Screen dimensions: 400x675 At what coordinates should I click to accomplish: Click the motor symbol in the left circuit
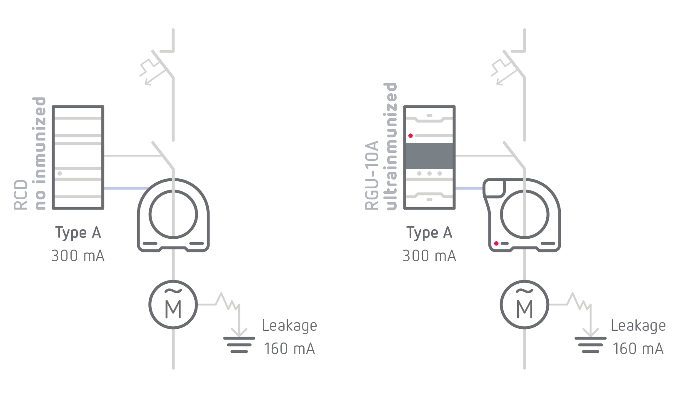click(x=173, y=305)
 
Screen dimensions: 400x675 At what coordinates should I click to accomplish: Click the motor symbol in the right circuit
click(x=524, y=305)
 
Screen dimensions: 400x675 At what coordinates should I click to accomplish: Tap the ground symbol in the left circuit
click(x=239, y=344)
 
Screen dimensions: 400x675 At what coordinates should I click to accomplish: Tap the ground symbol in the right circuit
click(x=590, y=344)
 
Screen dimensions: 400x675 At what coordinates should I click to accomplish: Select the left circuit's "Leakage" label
click(x=289, y=326)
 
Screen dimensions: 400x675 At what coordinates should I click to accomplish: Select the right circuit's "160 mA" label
click(x=638, y=348)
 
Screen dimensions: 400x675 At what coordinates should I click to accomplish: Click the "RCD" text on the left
click(x=21, y=195)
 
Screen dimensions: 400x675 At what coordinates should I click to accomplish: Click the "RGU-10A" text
click(x=372, y=175)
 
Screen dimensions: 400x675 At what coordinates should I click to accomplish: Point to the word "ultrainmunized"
click(x=390, y=146)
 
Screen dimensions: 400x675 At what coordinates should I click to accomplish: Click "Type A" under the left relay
click(x=78, y=232)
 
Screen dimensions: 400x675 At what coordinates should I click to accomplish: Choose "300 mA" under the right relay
click(x=429, y=255)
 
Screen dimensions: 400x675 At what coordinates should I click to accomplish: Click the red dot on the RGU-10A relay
click(x=410, y=136)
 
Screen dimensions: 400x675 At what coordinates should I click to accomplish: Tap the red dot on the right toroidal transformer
click(x=496, y=243)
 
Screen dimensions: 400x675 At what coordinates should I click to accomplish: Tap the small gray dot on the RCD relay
click(x=60, y=173)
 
